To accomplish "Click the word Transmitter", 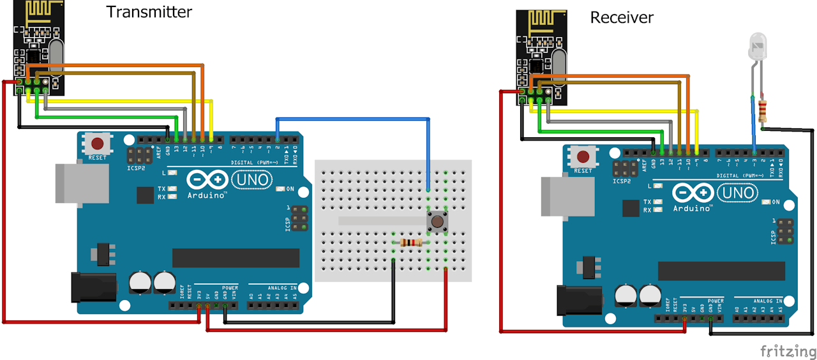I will click(149, 11).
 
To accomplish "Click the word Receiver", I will click(621, 17).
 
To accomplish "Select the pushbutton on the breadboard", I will click(437, 221).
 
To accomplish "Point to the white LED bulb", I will click(756, 49).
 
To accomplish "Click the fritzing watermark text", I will click(787, 351).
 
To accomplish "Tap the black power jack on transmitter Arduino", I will click(92, 287).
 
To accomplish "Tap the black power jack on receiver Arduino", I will click(578, 300).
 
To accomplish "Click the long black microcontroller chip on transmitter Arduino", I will click(236, 258).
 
